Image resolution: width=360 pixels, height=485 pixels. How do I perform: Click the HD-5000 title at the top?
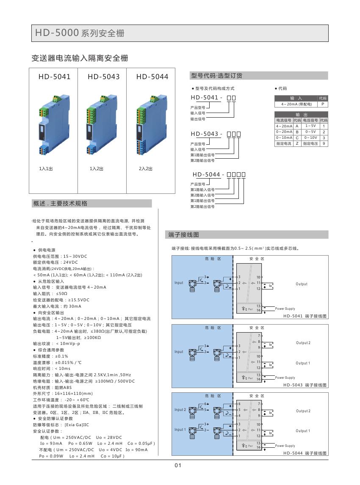click(80, 33)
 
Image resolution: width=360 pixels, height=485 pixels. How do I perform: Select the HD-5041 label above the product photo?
click(54, 77)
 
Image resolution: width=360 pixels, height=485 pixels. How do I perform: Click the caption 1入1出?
click(46, 169)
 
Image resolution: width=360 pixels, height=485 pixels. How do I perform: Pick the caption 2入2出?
click(146, 169)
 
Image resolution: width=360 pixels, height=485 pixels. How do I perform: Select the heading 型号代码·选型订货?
click(217, 76)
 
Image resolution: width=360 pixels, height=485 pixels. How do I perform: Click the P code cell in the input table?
click(323, 104)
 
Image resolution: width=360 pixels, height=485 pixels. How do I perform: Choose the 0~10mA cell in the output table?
click(284, 138)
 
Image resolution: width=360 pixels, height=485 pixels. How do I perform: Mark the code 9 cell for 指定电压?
click(324, 143)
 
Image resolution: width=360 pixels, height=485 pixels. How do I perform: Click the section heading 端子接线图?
click(184, 234)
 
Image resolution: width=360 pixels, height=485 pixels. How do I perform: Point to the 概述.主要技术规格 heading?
click(60, 204)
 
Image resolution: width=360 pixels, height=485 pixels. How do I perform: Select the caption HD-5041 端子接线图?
click(305, 316)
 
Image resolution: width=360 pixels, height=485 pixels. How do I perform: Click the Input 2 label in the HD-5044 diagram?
click(180, 410)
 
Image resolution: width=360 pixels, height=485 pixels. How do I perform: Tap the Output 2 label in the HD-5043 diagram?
click(303, 343)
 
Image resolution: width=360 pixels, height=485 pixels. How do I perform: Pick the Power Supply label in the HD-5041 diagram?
click(285, 309)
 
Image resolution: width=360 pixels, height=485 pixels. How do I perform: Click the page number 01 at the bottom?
click(178, 466)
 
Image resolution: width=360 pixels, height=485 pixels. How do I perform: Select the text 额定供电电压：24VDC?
click(55, 262)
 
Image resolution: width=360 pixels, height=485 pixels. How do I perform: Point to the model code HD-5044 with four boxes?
click(219, 174)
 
